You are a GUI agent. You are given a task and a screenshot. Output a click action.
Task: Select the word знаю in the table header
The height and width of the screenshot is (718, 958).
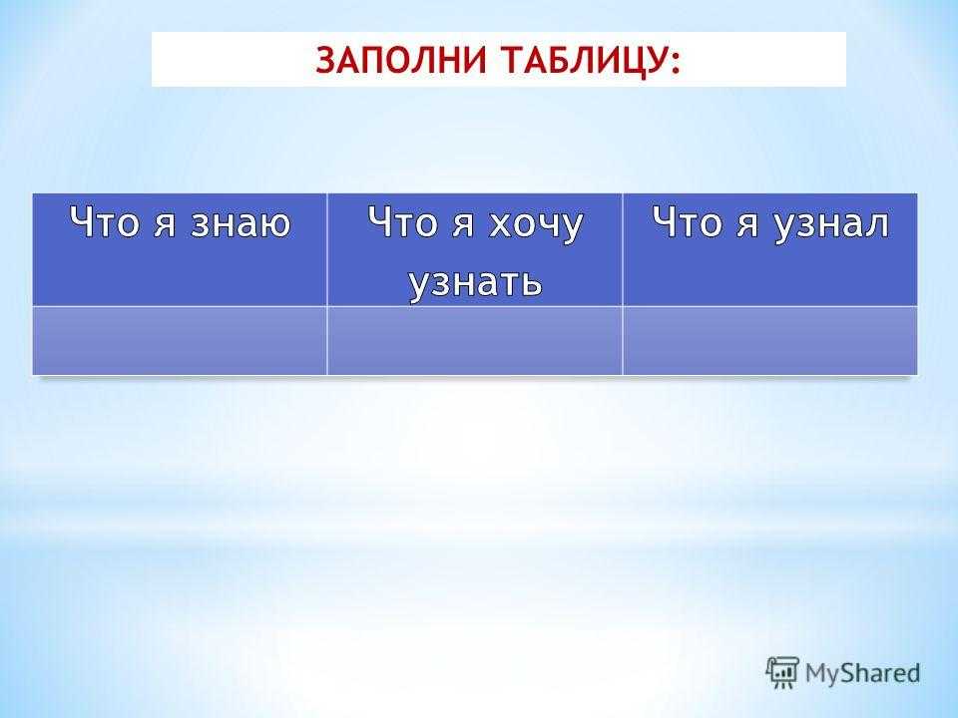240,223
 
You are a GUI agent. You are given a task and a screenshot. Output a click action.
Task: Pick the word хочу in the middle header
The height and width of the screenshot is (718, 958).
536,227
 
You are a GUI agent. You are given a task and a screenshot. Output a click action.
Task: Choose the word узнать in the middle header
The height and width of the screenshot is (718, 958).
475,282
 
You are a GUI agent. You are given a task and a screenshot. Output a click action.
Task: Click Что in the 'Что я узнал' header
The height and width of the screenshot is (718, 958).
688,221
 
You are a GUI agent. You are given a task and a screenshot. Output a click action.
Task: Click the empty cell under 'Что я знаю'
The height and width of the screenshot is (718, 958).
180,341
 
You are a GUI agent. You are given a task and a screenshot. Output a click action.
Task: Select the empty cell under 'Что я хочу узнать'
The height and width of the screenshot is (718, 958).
475,341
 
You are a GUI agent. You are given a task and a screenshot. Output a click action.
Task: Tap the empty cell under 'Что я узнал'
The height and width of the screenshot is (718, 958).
770,341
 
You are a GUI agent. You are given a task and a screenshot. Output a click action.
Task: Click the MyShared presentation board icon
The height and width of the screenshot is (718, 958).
782,672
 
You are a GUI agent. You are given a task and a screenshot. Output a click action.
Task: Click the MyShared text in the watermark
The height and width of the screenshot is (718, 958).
862,673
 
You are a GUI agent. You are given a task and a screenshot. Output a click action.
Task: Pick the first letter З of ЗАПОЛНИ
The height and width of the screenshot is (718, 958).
325,61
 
